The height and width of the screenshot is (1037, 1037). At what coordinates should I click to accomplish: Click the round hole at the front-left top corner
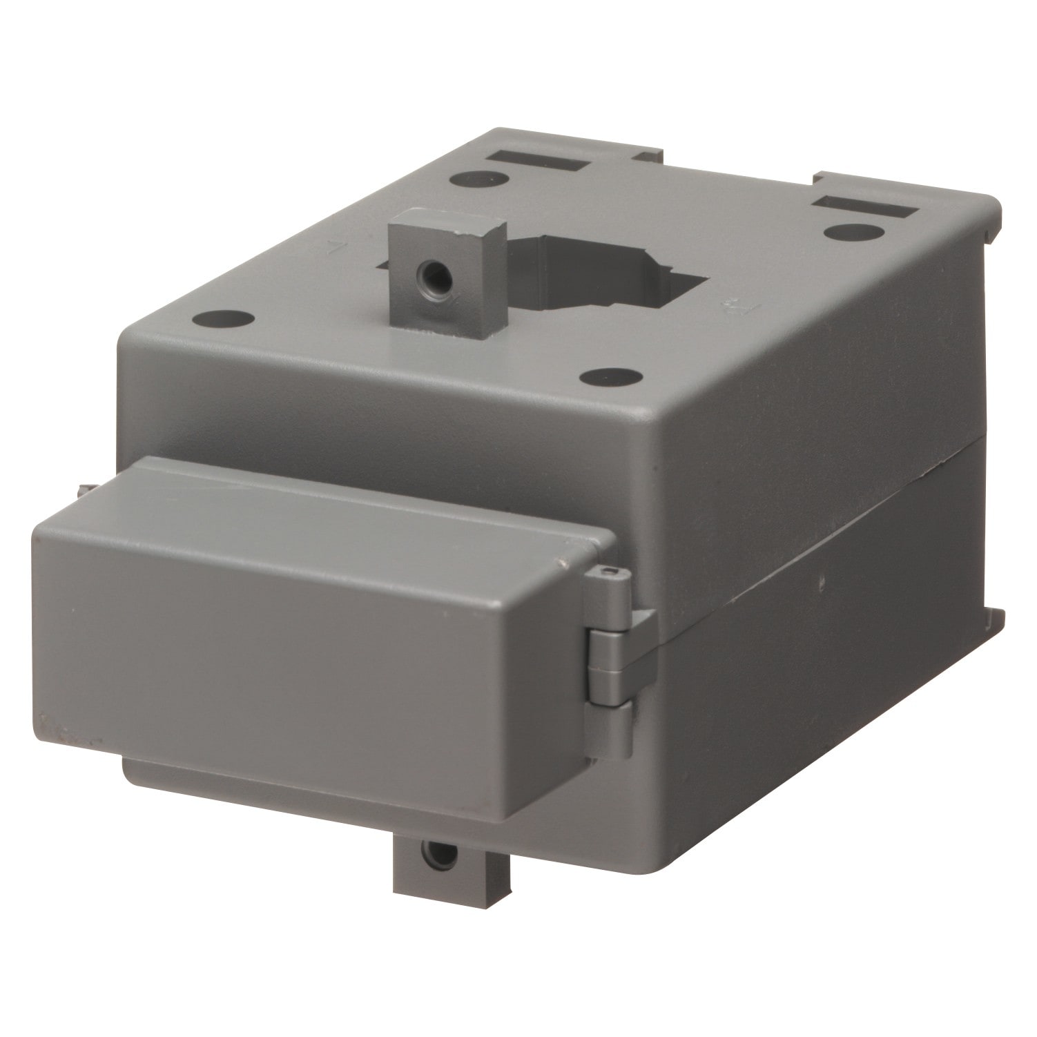[223, 320]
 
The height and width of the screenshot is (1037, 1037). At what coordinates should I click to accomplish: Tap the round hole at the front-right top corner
[610, 377]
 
